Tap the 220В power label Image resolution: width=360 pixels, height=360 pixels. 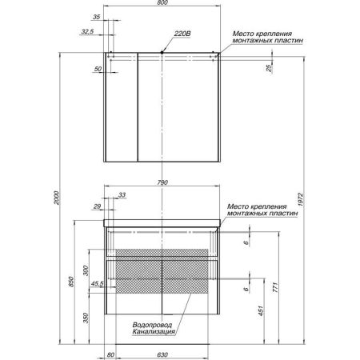click(x=182, y=34)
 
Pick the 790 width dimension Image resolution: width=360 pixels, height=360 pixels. click(x=162, y=183)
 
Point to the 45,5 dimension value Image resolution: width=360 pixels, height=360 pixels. click(x=98, y=282)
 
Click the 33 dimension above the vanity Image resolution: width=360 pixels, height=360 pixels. click(x=122, y=195)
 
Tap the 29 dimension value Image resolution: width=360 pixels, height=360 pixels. click(x=97, y=207)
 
